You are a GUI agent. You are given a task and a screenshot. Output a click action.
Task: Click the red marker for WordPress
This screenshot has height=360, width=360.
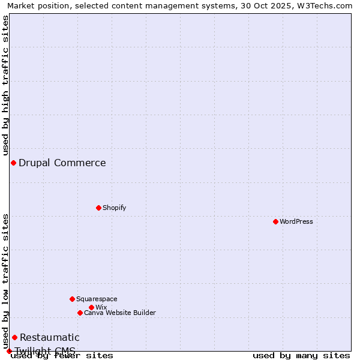[x=275, y=221]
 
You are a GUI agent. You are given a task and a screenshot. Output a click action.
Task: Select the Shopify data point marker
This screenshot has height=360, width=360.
[x=98, y=208]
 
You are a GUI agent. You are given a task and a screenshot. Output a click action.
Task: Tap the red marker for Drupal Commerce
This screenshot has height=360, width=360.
[x=13, y=163]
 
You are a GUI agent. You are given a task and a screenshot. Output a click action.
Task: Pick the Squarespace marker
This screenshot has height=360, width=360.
[x=72, y=299]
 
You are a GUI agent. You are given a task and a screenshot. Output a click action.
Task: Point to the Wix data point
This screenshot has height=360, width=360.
[x=91, y=307]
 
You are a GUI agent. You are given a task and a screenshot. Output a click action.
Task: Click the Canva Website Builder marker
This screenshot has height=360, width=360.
[x=80, y=313]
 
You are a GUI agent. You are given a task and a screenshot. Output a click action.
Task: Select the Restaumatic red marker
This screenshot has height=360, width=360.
[x=14, y=337]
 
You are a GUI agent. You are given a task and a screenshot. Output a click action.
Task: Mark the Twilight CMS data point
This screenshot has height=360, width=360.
[x=9, y=351]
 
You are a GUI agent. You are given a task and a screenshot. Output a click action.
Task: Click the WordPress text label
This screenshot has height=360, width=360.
[x=296, y=221]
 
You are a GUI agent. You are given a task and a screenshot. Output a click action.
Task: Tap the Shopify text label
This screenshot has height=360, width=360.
[x=115, y=208]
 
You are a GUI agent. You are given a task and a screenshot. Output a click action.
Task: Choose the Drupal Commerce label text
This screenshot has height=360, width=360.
[x=62, y=163]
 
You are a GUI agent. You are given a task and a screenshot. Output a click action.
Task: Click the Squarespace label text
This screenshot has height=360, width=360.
[x=97, y=299]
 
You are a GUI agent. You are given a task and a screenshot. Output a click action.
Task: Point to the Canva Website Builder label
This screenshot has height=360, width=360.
[x=120, y=313]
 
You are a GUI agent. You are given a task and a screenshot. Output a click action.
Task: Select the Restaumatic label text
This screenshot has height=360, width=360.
[x=50, y=337]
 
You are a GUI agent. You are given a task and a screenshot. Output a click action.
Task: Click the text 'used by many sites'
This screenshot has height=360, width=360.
[x=301, y=355]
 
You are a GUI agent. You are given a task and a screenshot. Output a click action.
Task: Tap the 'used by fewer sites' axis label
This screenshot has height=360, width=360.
[x=62, y=355]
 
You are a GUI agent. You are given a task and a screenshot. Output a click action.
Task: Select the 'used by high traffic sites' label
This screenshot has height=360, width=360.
[x=5, y=85]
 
